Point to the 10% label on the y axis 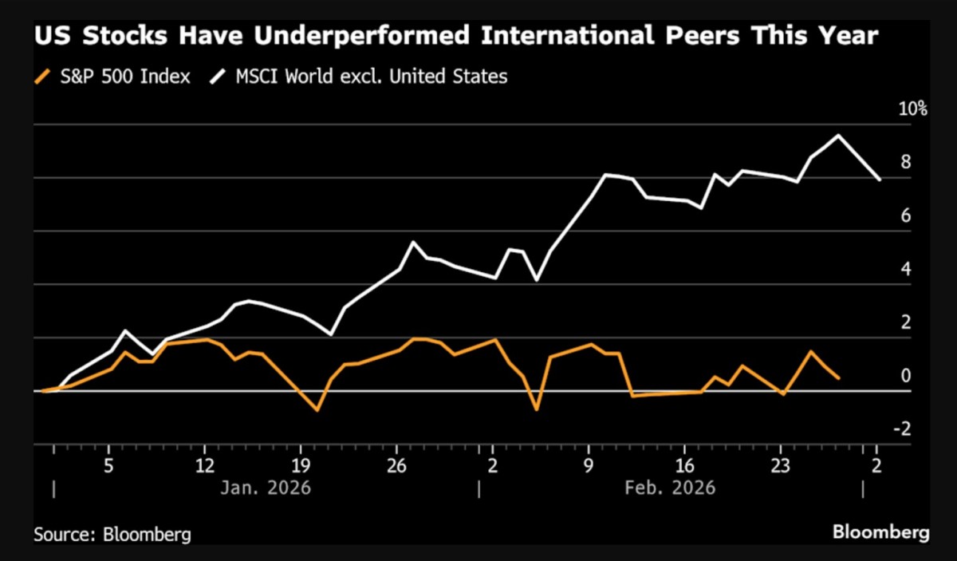pos(914,109)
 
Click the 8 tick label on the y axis pos(906,162)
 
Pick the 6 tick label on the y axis pos(906,215)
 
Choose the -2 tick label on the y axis pos(904,429)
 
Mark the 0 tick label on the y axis pos(906,376)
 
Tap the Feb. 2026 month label pos(671,487)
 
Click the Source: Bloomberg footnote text pos(112,534)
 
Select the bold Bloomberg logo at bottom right pos(881,531)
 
